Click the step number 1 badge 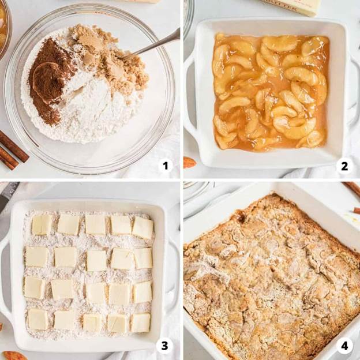[x=166, y=166]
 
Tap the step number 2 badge [x=344, y=166]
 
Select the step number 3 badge [x=165, y=346]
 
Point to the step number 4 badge [x=344, y=346]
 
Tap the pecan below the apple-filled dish [x=189, y=163]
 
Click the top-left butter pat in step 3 [x=42, y=224]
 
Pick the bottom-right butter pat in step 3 [x=140, y=322]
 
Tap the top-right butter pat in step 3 [x=142, y=227]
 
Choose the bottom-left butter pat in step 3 [x=38, y=319]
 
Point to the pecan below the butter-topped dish [x=14, y=355]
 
